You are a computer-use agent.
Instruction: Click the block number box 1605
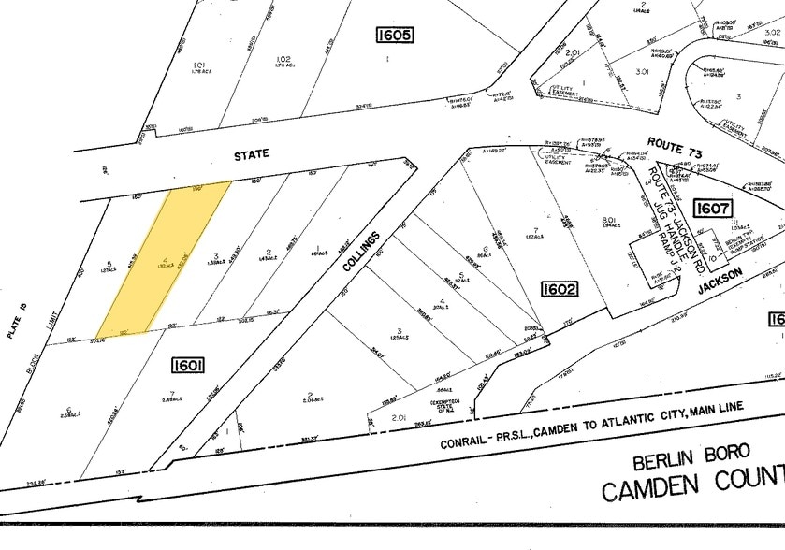(x=393, y=36)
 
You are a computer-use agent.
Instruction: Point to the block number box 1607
(x=713, y=208)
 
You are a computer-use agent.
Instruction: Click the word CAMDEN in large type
(x=652, y=489)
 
